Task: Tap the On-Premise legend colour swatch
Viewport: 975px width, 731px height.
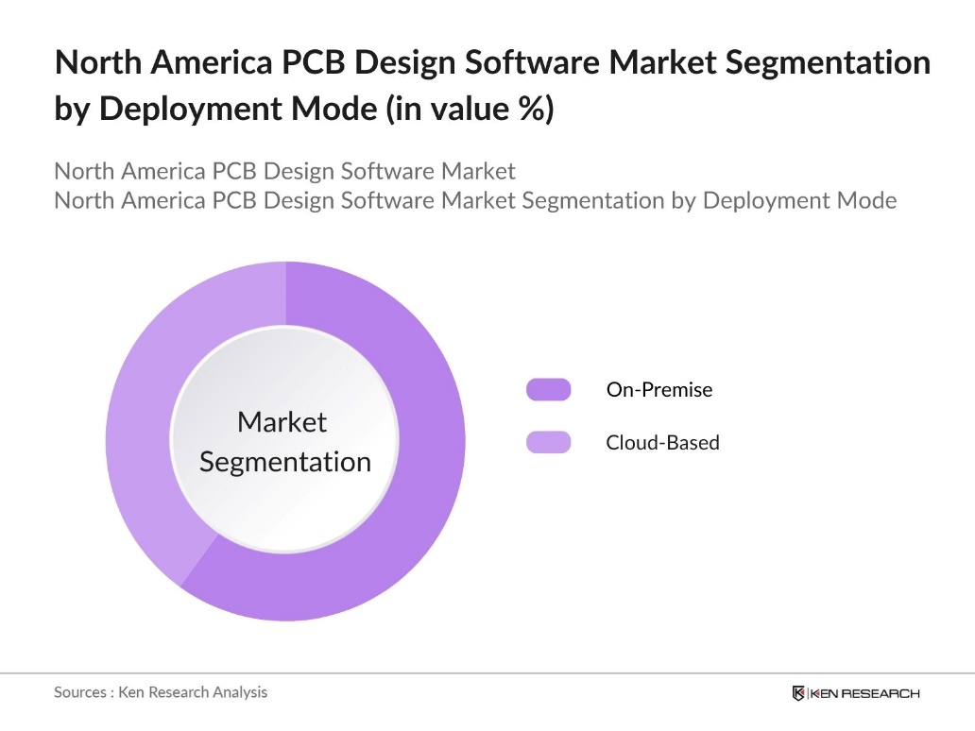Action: [549, 389]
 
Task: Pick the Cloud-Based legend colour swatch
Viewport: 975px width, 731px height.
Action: [549, 442]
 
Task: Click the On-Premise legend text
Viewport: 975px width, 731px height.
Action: [659, 389]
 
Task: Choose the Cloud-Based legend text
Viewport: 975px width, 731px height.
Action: [662, 442]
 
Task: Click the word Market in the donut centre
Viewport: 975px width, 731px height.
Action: [282, 422]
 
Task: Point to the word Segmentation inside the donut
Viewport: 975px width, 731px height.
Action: [285, 462]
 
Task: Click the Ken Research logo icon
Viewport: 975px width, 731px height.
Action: [798, 693]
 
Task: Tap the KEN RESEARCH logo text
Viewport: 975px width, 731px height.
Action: [864, 693]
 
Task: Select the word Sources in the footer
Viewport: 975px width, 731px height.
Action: [80, 692]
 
